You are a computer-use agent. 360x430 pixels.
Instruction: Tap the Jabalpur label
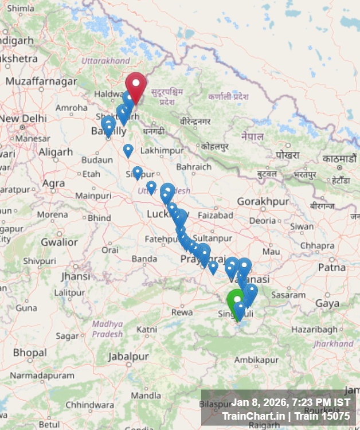(128, 356)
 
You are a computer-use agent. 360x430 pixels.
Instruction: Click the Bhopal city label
(30, 352)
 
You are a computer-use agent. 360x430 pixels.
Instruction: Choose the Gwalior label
(59, 242)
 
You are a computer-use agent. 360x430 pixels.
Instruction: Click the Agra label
(53, 183)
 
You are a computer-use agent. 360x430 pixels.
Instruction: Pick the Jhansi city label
(76, 276)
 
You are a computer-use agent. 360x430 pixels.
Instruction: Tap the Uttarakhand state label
(105, 61)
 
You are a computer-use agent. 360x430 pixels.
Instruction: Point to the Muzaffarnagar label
(41, 81)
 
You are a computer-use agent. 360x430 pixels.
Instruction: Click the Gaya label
(327, 303)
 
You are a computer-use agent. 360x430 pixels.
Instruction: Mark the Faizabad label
(216, 215)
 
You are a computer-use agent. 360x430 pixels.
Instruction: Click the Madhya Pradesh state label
(107, 329)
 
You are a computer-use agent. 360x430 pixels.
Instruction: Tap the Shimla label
(21, 8)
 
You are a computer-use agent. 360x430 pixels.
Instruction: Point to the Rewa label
(182, 312)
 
